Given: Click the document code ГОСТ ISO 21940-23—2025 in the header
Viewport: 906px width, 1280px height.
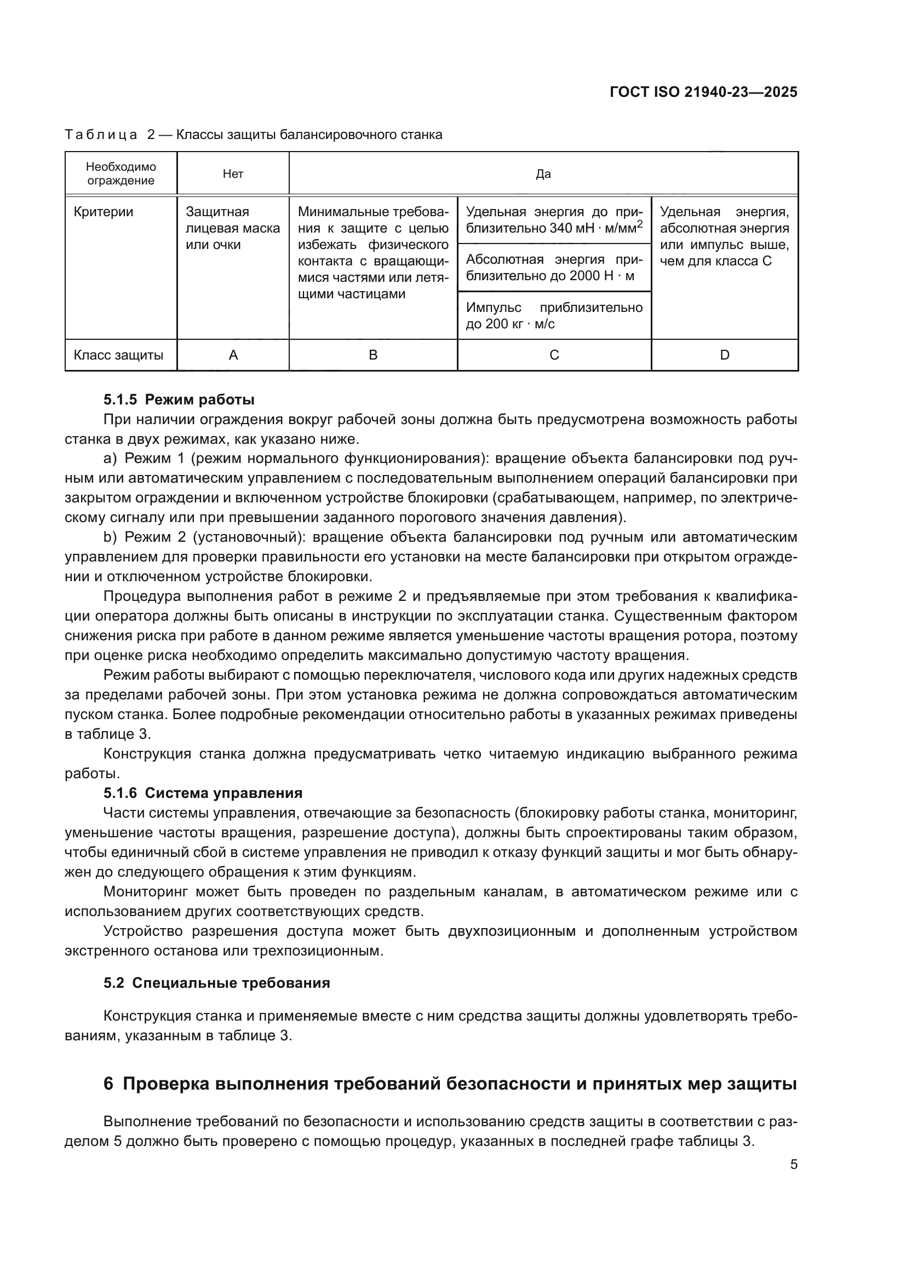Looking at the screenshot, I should coord(703,92).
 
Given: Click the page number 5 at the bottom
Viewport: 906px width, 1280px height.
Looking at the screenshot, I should coord(793,1165).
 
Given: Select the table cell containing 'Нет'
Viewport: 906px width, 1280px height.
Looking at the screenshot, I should coord(233,174).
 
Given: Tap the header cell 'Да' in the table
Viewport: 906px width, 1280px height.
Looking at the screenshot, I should coord(543,174).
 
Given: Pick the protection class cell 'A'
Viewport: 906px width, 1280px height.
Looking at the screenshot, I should coord(233,355).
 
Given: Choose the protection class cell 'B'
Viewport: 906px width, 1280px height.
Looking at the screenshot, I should coord(373,355).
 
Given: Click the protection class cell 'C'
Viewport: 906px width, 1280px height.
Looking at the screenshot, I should coord(554,355).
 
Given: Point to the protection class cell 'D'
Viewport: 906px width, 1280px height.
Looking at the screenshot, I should coord(724,355).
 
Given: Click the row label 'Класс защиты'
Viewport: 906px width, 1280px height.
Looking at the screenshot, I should coord(118,355).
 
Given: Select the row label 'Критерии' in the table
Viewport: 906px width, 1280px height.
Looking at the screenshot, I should coord(103,212).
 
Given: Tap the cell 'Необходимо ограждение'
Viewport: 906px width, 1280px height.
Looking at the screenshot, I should coord(121,174).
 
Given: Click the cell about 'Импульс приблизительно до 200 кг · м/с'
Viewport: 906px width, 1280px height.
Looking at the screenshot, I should coord(554,316).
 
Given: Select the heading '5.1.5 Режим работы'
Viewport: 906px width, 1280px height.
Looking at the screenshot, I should coord(179,399).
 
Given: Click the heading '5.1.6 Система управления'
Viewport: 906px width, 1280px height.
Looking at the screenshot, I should coord(203,793).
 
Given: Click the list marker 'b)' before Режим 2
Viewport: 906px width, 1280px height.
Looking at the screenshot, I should coord(110,537).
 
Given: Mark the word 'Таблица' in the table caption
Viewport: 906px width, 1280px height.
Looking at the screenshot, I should coord(101,135).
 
